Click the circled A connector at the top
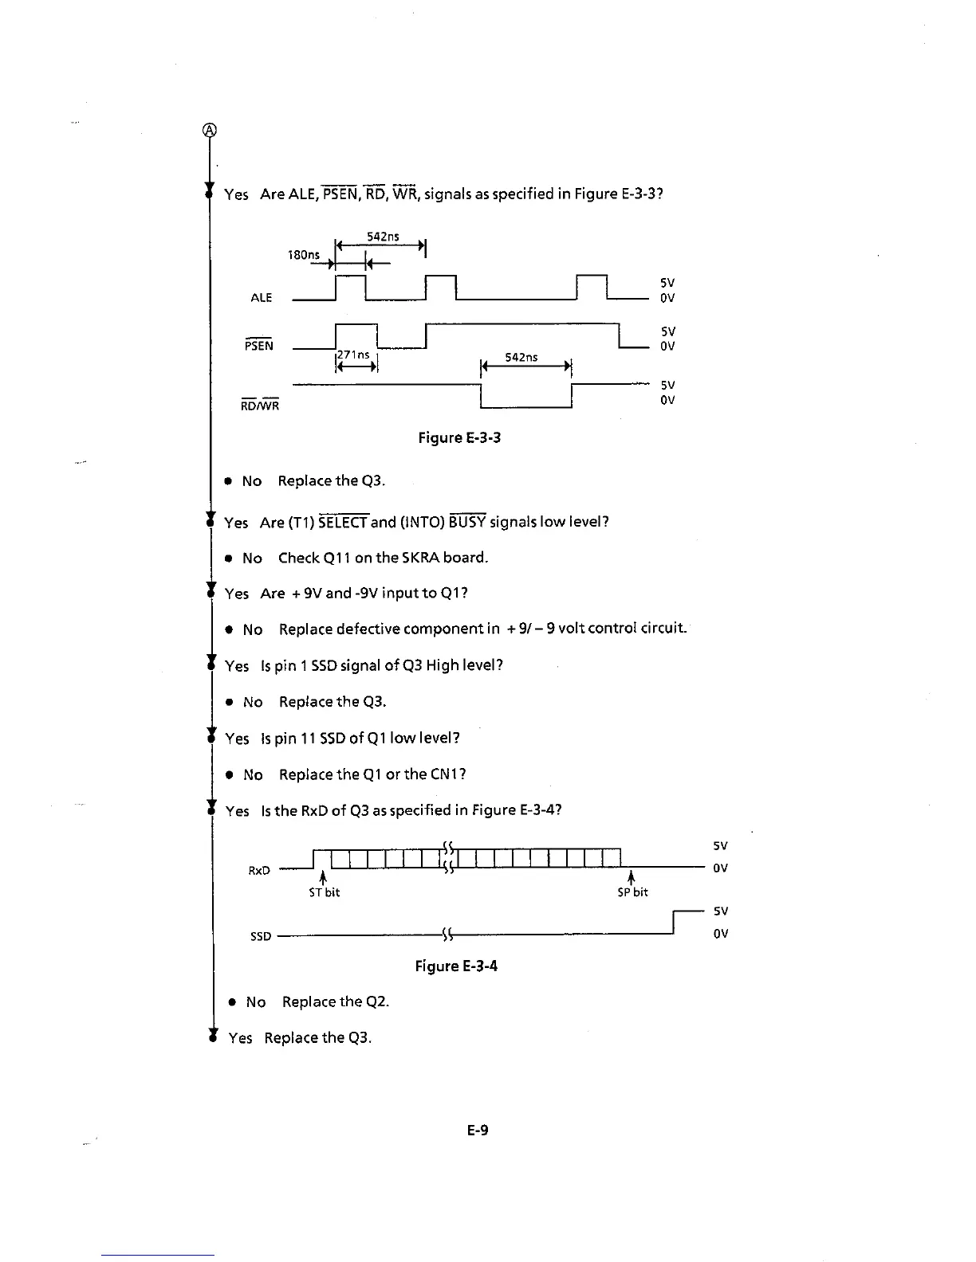tap(209, 131)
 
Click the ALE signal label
tap(262, 298)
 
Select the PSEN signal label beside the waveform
tap(259, 346)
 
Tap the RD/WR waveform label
tap(260, 406)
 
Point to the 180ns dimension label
tap(303, 255)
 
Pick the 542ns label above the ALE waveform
tap(383, 237)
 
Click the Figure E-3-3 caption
tap(459, 437)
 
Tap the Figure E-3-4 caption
tap(456, 966)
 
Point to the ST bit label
tap(325, 892)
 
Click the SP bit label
tap(633, 892)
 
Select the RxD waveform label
tap(259, 871)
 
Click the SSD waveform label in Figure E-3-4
tap(261, 936)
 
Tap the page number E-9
tap(478, 1130)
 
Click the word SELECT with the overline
tap(343, 523)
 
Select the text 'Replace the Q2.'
tap(336, 1002)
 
